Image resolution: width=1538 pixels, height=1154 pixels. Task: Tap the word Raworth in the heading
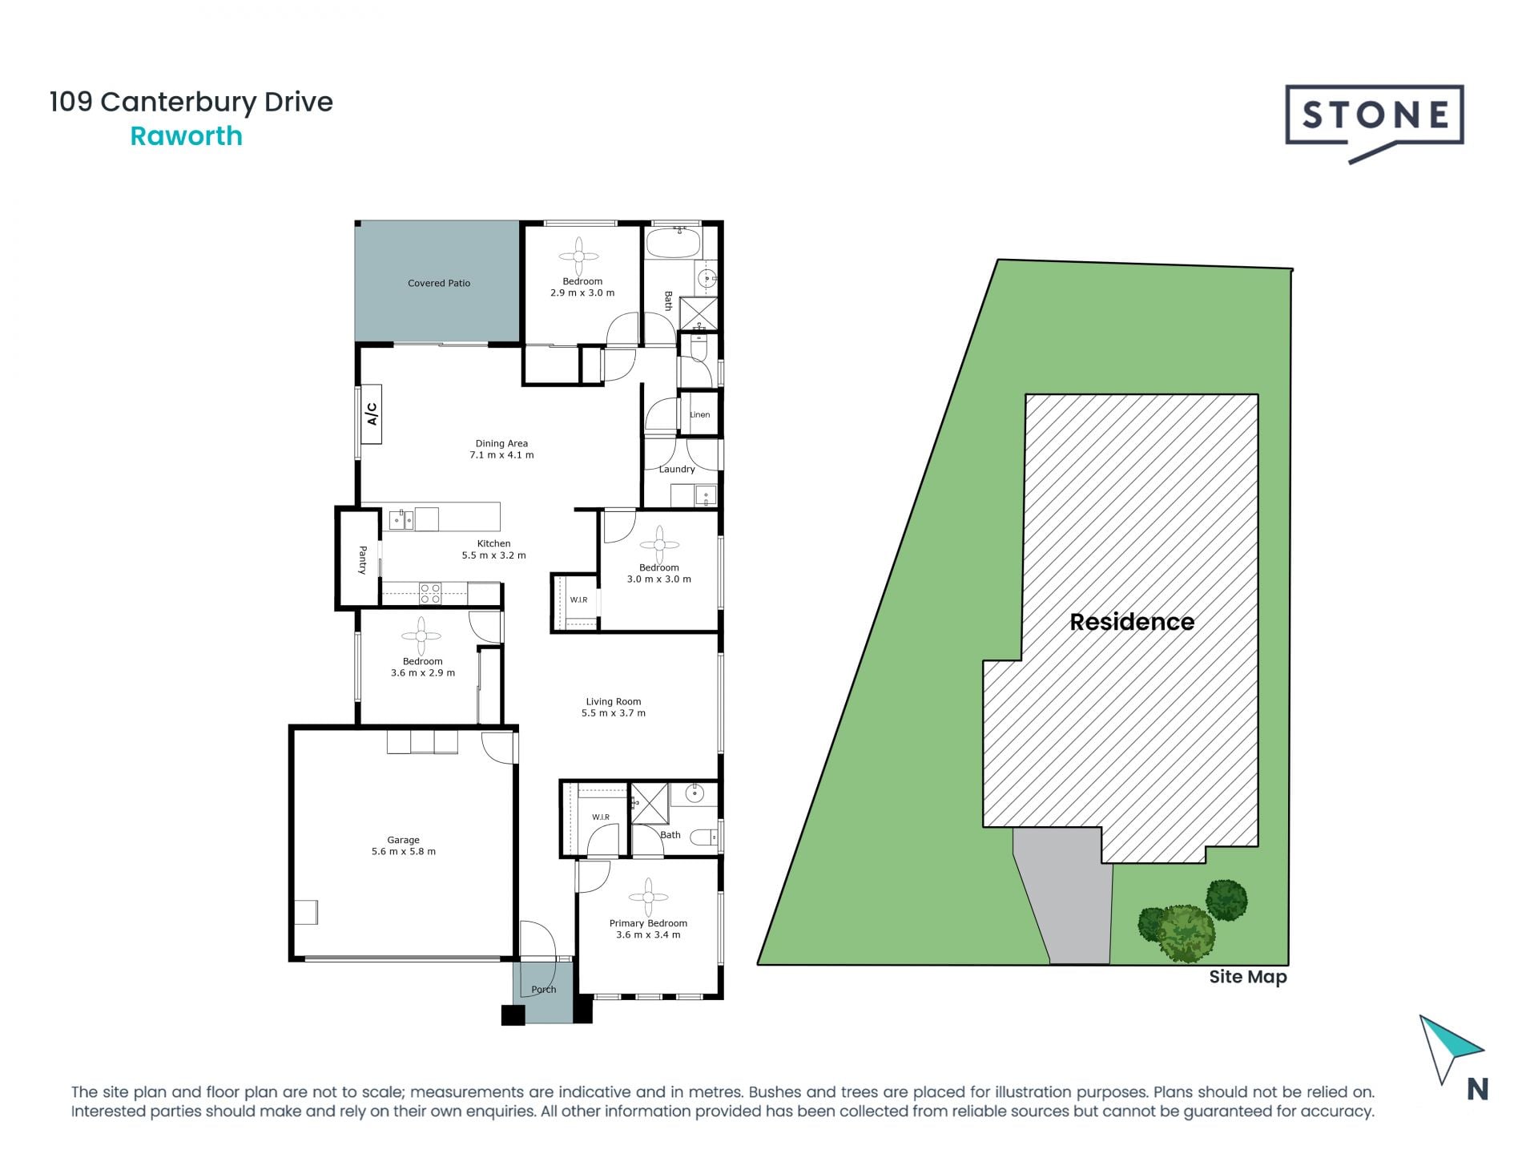(186, 136)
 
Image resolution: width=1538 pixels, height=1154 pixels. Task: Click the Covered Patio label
(438, 283)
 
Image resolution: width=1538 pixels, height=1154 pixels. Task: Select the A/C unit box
(371, 414)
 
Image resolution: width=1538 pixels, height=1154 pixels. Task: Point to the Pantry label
(362, 559)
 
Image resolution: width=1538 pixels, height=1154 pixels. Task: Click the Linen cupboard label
(699, 415)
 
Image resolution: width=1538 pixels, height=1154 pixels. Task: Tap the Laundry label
(676, 470)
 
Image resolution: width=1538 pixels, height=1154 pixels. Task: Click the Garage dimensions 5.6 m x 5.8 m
(403, 852)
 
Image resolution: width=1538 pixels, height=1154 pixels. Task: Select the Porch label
(543, 990)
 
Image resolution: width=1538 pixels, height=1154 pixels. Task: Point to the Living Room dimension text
(613, 713)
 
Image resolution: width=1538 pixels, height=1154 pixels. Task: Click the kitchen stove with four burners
(430, 593)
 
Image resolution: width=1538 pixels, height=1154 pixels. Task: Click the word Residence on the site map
(1131, 622)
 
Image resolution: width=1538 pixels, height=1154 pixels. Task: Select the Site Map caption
(1247, 977)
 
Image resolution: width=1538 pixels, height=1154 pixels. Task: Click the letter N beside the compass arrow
(1477, 1090)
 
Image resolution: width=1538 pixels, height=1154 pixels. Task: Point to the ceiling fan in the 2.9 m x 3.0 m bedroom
(579, 256)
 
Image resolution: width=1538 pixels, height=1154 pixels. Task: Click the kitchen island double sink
(401, 520)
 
